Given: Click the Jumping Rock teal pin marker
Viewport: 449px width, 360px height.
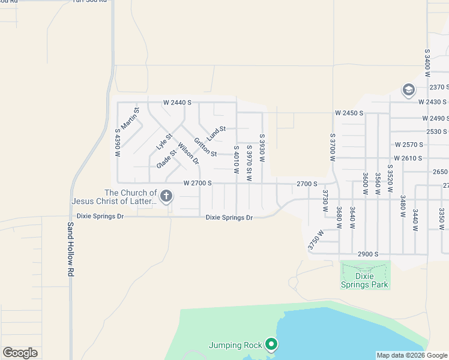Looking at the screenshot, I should click(271, 344).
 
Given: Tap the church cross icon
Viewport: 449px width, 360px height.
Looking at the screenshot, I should click(166, 196).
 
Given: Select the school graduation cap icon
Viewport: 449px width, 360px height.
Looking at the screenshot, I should click(408, 91).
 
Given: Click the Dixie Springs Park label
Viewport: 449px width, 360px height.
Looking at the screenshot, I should click(364, 280).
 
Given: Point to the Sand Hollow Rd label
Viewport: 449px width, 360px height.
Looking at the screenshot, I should click(70, 249).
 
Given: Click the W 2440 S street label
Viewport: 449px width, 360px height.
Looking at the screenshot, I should click(177, 103).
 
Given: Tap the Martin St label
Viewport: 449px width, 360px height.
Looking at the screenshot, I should click(130, 120).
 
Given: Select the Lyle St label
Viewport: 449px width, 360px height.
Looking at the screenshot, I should click(164, 142).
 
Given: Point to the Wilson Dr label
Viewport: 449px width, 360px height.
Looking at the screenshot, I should click(187, 152).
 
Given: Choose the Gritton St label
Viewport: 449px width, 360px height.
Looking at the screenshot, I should click(205, 146).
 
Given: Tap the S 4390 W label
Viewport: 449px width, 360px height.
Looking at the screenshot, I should click(118, 143).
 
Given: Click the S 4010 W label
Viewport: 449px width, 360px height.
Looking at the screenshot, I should click(237, 160).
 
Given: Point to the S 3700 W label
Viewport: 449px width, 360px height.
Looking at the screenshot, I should click(331, 148).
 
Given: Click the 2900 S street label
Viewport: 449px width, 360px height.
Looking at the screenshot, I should click(367, 254).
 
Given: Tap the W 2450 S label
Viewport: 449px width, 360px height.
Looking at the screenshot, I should click(350, 113).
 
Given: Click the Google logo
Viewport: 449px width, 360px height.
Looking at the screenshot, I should click(20, 353).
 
